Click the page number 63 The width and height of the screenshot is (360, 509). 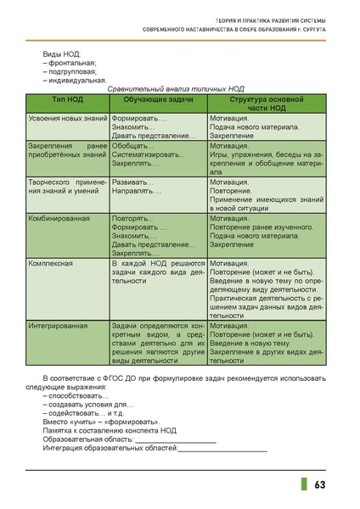pyautogui.click(x=320, y=484)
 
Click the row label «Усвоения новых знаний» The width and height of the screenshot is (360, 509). pyautogui.click(x=66, y=119)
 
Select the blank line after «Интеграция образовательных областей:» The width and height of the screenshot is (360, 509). pyautogui.click(x=222, y=450)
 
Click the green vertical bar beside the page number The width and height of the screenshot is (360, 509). pyautogui.click(x=303, y=484)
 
